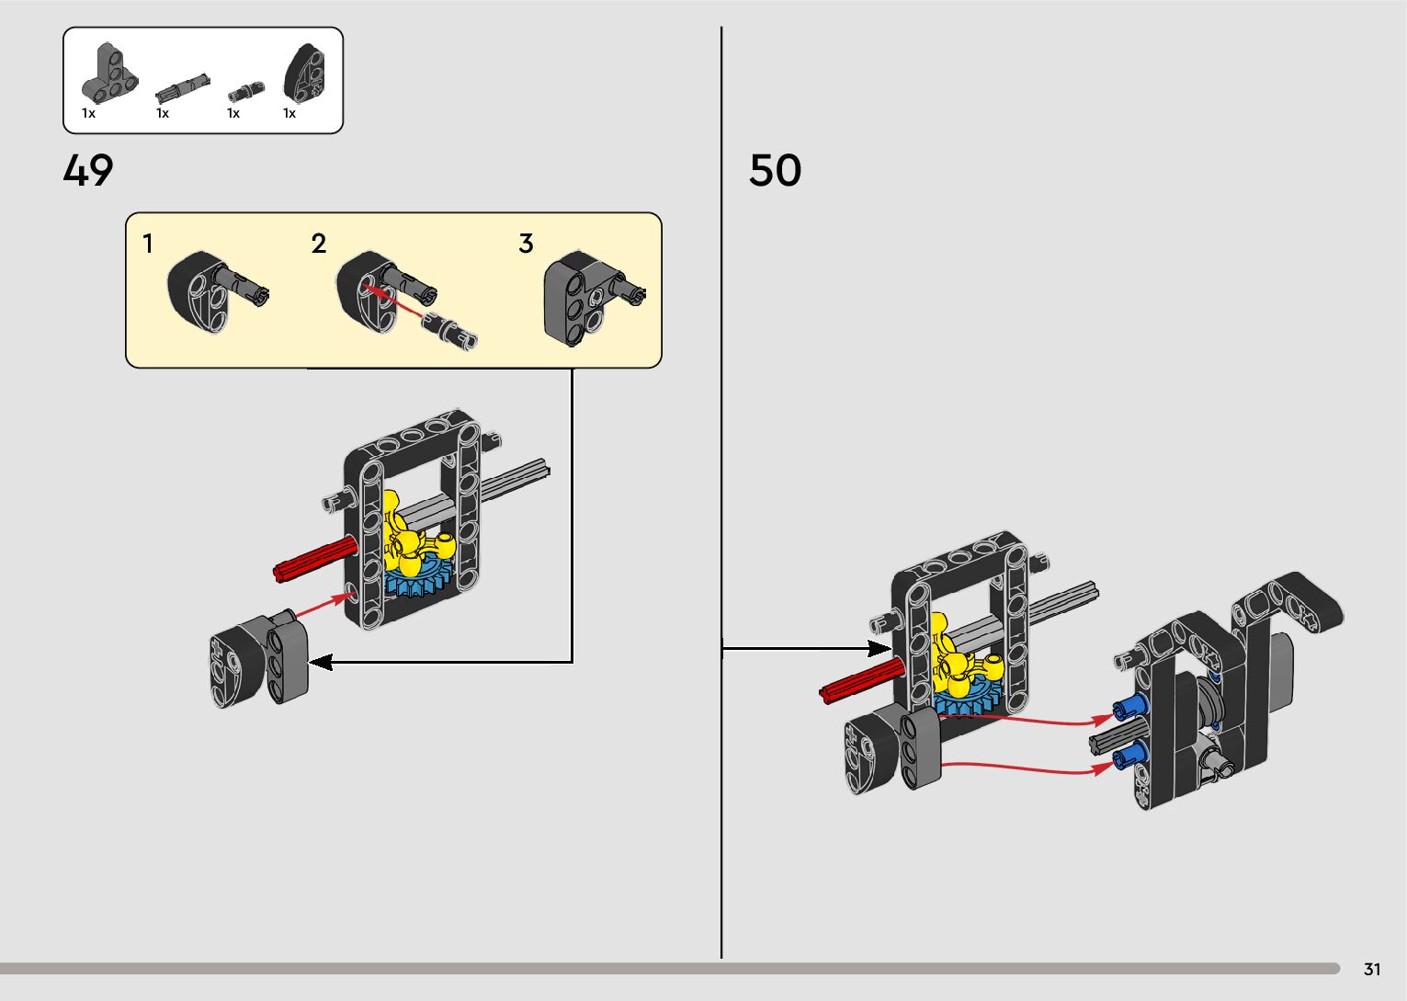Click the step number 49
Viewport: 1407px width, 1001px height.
click(88, 171)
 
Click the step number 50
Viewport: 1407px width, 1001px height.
click(775, 171)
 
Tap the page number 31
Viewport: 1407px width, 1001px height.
click(1372, 969)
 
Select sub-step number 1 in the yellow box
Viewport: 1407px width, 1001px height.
click(148, 244)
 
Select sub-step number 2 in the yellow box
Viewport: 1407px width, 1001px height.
click(319, 244)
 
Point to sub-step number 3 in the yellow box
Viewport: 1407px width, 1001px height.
click(526, 244)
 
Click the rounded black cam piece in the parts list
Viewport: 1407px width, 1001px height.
click(304, 72)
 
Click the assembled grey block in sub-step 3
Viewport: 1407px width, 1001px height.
click(580, 298)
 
